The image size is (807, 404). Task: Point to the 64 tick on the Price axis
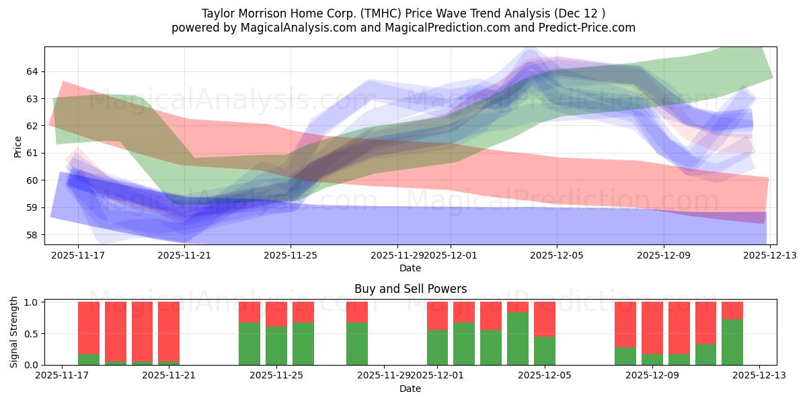[x=33, y=71]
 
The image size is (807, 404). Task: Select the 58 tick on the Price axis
[x=33, y=235]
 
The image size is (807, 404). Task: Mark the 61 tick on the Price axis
[x=33, y=153]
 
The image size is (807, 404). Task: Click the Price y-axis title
[x=17, y=146]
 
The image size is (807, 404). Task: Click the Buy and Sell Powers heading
[x=410, y=289]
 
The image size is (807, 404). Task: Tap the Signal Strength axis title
[x=14, y=333]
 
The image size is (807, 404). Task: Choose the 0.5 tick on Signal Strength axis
[x=31, y=334]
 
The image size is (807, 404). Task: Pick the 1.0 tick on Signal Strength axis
[x=31, y=302]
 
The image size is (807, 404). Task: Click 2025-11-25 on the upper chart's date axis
[x=291, y=255]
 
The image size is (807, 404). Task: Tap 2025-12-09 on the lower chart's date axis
[x=652, y=376]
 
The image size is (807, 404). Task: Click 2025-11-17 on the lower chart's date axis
[x=62, y=376]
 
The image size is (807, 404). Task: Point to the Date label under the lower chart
[x=410, y=389]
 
